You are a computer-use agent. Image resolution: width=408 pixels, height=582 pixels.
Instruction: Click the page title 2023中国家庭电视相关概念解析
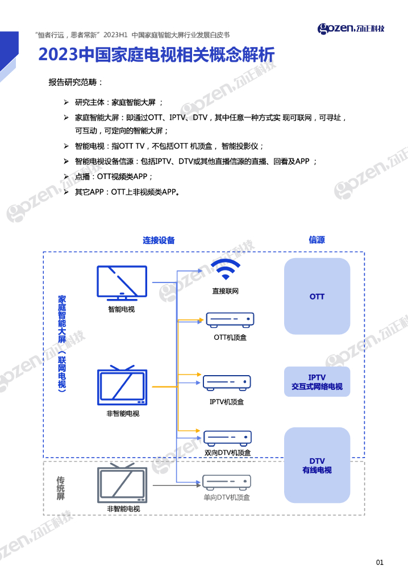tap(156, 55)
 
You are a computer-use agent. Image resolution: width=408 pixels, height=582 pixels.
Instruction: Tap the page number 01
tap(380, 563)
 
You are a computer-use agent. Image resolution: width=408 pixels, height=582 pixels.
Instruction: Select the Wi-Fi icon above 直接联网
tap(226, 269)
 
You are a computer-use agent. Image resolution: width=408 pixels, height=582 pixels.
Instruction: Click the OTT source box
tap(317, 296)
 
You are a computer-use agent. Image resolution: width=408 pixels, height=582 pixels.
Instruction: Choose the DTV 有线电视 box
tap(317, 465)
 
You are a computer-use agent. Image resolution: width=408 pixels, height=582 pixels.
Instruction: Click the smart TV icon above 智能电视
tap(122, 283)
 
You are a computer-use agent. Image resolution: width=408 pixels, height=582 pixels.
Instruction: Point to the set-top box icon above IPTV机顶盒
tap(227, 382)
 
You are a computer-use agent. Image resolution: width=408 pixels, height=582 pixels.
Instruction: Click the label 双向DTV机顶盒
tap(227, 453)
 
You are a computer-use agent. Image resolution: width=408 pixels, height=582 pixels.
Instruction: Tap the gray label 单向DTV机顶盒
tap(227, 497)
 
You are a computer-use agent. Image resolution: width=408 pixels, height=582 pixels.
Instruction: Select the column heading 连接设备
tap(159, 240)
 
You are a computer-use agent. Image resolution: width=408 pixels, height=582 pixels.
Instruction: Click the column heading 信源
tap(317, 240)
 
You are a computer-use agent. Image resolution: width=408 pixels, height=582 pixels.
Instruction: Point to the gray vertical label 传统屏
tap(61, 488)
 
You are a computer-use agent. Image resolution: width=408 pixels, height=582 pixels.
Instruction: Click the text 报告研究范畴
tap(75, 82)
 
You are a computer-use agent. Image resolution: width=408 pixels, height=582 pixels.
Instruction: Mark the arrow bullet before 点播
tap(66, 177)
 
